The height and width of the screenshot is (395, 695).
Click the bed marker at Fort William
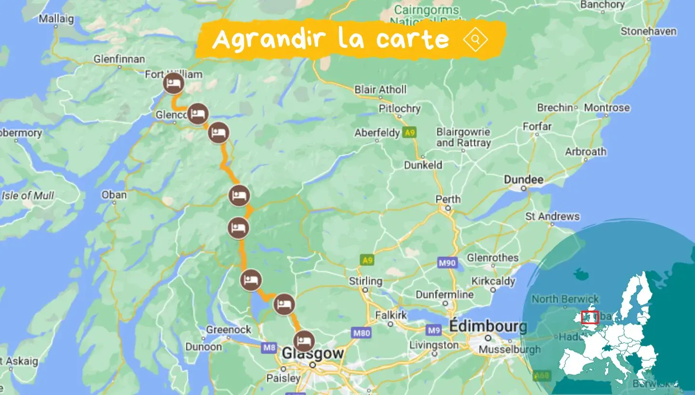[x=173, y=83]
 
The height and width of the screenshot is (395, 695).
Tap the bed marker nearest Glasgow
[x=304, y=342]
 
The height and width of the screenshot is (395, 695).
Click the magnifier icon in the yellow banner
[x=475, y=39]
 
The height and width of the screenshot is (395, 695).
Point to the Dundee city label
[x=523, y=180]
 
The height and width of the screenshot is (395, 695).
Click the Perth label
[x=448, y=199]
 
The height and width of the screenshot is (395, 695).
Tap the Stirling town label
[x=365, y=281]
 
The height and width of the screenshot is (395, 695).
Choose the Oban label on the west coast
[x=114, y=195]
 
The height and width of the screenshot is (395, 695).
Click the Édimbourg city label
[x=488, y=327]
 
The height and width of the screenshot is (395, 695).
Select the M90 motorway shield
[x=446, y=263]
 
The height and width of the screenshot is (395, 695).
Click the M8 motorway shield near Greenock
[x=268, y=346]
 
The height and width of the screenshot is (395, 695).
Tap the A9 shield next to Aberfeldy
[x=410, y=133]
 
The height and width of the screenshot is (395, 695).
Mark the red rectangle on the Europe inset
[x=589, y=317]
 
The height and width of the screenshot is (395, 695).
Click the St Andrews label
[x=552, y=216]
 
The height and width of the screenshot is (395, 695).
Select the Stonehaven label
[x=648, y=31]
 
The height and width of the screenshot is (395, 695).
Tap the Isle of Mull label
[x=28, y=196]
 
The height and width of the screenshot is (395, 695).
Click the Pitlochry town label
[x=400, y=108]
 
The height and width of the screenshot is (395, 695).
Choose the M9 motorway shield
[x=433, y=330]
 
